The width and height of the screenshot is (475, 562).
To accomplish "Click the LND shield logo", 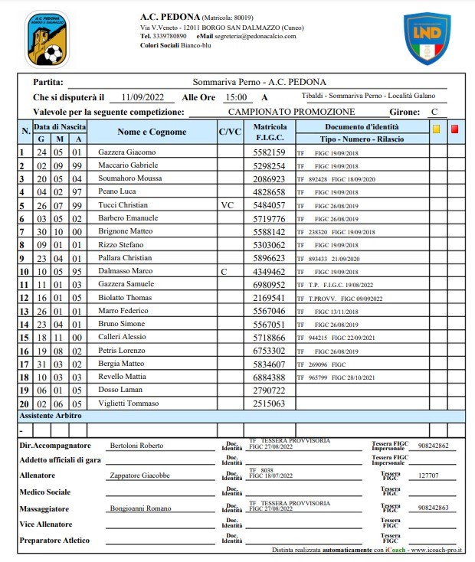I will click(427, 38).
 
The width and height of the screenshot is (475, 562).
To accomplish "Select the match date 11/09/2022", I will click(143, 97).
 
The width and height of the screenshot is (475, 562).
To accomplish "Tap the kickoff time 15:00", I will click(235, 97).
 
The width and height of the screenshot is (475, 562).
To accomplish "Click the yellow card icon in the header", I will click(436, 129).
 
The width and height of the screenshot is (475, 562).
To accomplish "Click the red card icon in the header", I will click(454, 129).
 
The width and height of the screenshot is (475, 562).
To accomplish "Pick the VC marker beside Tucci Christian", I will click(227, 205).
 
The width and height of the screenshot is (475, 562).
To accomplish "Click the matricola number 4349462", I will click(269, 271).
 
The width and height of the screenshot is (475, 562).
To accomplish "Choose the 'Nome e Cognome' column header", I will click(152, 132).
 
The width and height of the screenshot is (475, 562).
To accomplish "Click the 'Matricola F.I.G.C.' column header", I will click(270, 132).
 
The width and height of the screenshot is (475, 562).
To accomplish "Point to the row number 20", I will click(23, 404).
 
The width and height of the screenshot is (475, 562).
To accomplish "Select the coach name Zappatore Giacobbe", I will click(140, 475).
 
